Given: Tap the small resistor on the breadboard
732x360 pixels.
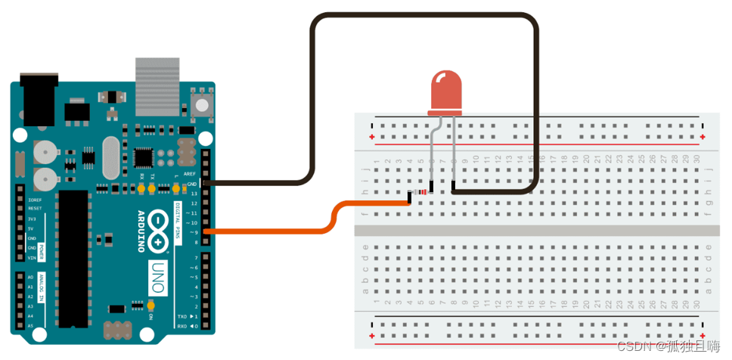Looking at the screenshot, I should click(422, 192).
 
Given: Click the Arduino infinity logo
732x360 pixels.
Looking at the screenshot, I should click(159, 230).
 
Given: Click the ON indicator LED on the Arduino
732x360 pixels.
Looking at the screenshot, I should click(151, 306).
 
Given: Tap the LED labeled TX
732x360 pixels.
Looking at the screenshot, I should click(151, 185).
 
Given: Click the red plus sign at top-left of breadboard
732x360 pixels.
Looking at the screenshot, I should click(372, 137).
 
